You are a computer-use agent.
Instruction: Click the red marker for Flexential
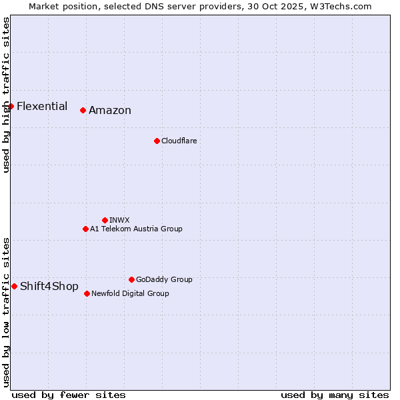[11, 106]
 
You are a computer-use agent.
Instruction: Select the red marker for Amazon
[83, 110]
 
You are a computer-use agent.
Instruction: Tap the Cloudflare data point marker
[157, 141]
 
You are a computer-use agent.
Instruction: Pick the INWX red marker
[105, 220]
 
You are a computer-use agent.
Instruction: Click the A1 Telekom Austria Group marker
[85, 229]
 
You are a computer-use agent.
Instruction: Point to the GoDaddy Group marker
[131, 279]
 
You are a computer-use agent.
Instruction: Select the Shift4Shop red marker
[14, 286]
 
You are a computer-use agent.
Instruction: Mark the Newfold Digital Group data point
[87, 293]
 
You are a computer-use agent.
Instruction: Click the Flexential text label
[42, 106]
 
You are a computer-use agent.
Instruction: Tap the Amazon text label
[110, 111]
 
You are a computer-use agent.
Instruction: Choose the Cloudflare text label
[179, 141]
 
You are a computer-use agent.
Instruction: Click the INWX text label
[119, 220]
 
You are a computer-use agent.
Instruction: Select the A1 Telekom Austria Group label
[136, 229]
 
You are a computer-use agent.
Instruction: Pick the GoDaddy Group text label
[164, 279]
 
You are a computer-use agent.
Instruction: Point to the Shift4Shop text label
[49, 287]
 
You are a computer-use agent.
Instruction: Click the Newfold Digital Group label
[130, 293]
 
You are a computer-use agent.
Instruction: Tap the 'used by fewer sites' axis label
[69, 395]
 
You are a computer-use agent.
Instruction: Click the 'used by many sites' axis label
[335, 395]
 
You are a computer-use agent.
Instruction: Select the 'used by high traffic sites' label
[6, 95]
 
